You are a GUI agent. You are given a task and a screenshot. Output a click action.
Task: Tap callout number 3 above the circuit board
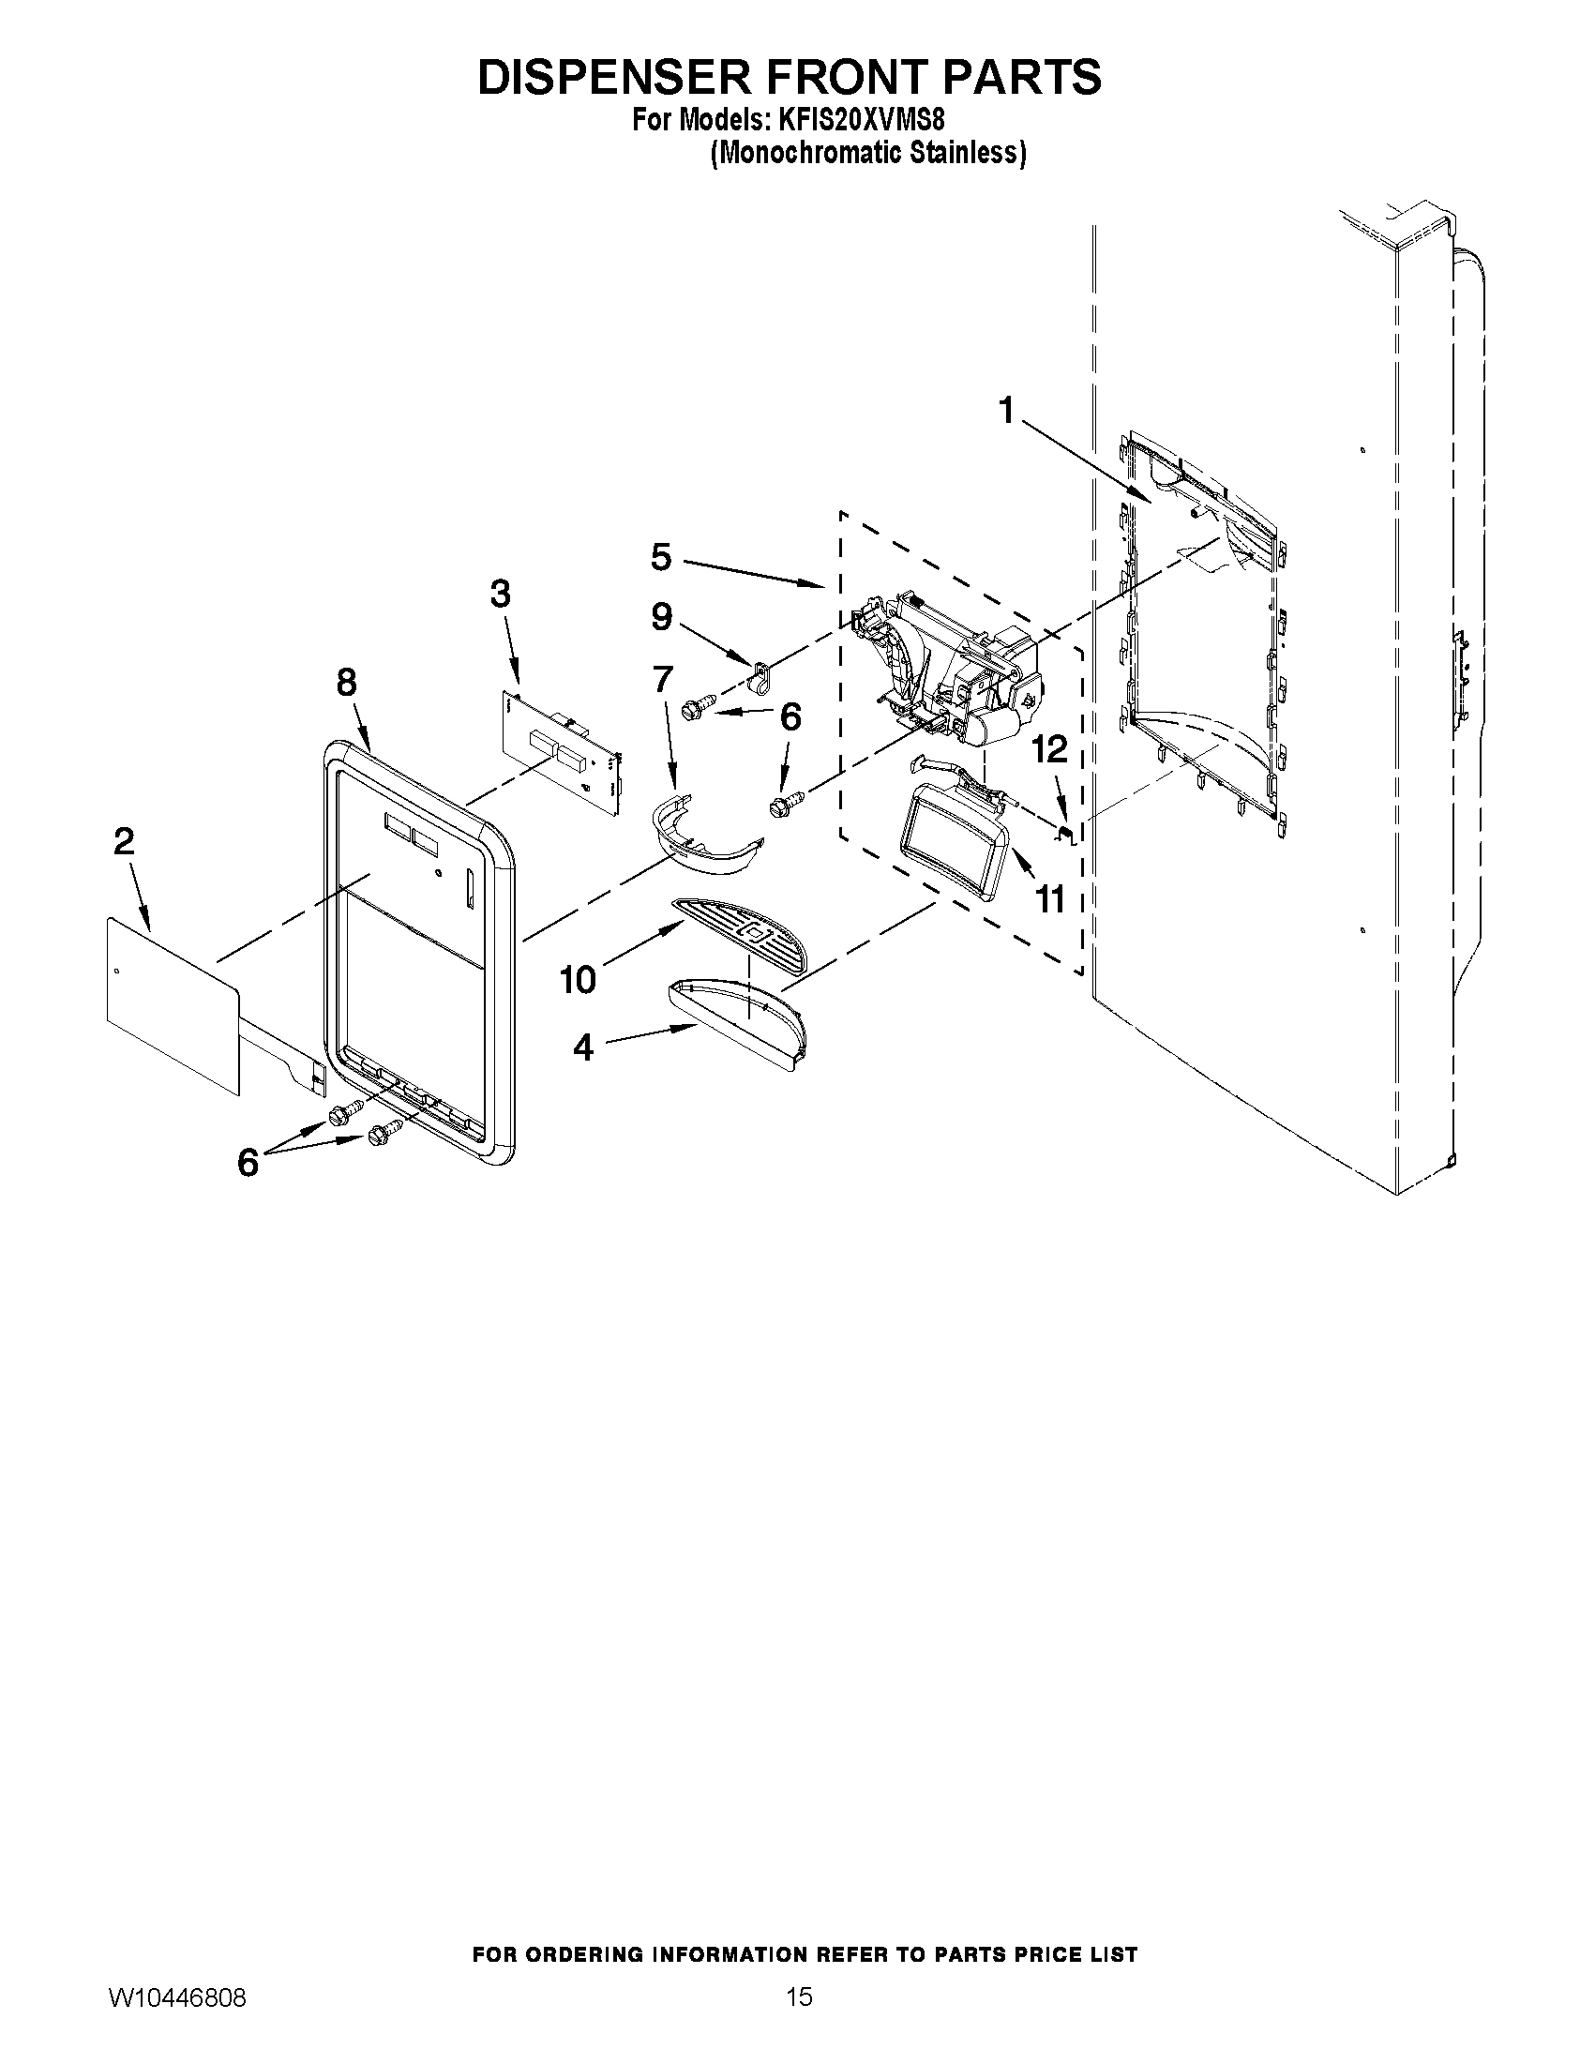[x=500, y=595]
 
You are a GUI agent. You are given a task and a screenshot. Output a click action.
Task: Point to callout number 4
[x=583, y=1047]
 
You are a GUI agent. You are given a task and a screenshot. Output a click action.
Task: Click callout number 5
[x=660, y=557]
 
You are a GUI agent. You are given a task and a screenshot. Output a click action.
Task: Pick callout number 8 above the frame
[x=347, y=682]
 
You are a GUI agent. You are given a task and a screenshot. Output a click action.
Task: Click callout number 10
[x=578, y=980]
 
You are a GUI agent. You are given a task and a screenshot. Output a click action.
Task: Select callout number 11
[x=1050, y=898]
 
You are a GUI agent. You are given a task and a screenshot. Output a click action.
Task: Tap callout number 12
[x=1050, y=749]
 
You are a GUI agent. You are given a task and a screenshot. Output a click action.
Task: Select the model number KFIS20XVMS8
[x=861, y=122]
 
